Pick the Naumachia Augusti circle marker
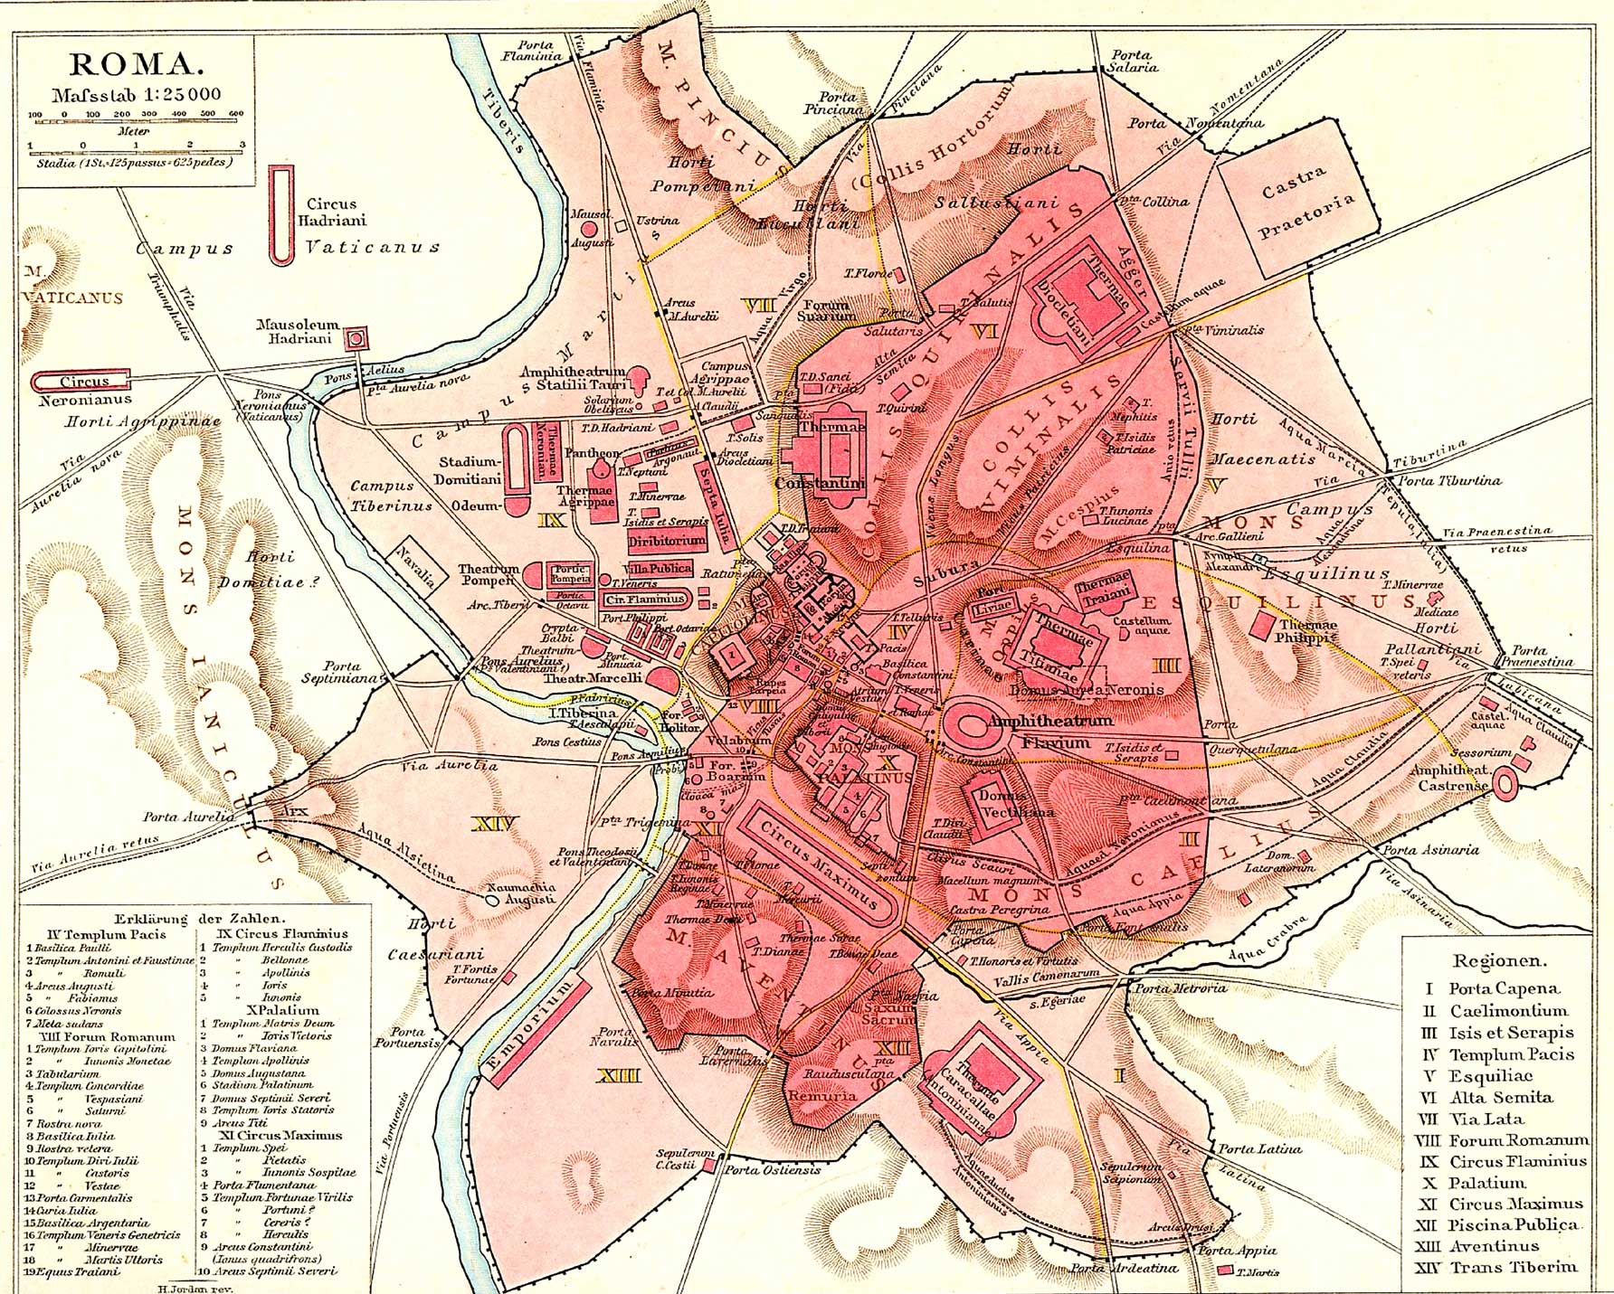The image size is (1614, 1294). point(490,901)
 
